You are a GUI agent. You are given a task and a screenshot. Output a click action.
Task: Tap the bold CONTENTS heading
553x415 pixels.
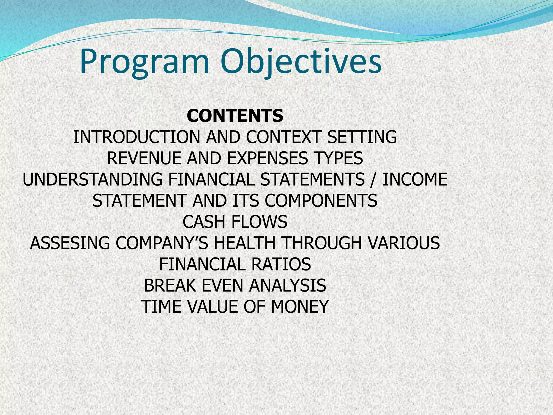pyautogui.click(x=235, y=116)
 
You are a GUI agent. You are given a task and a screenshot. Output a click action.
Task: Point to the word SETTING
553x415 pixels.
pyautogui.click(x=362, y=137)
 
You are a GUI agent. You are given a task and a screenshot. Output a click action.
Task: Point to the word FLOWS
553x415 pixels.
pyautogui.click(x=259, y=222)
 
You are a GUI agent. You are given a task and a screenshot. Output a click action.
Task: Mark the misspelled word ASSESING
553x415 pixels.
pyautogui.click(x=70, y=243)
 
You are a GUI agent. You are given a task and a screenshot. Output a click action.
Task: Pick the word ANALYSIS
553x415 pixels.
pyautogui.click(x=287, y=286)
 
